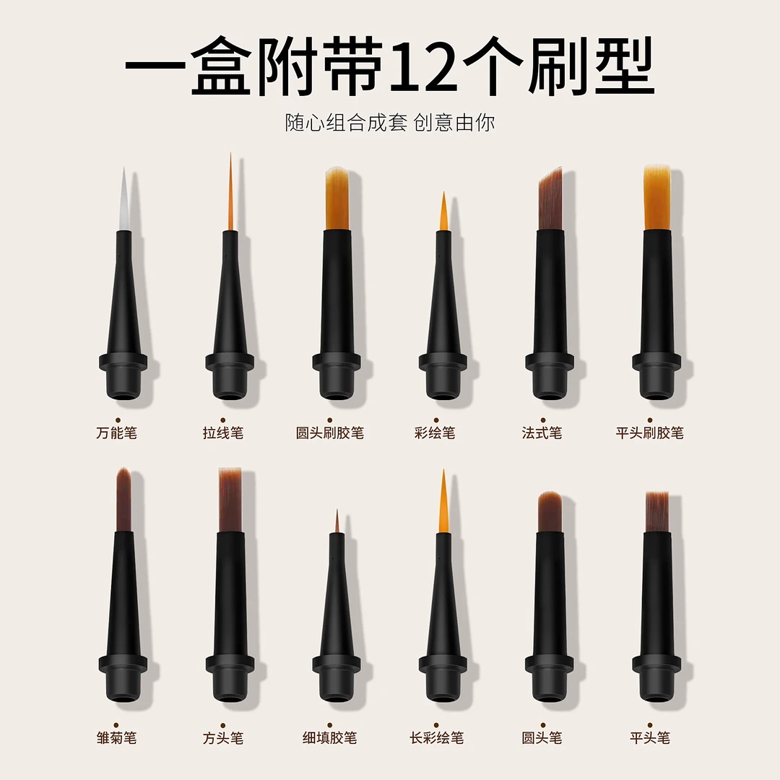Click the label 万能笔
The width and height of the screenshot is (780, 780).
pos(116,433)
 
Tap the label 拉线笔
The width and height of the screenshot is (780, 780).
pos(223,433)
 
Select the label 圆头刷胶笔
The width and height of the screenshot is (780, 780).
pos(330,433)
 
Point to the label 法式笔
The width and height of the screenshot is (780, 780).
pos(542,433)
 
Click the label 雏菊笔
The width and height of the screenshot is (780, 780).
pos(116,737)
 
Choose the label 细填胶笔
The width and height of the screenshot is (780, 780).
pos(330,737)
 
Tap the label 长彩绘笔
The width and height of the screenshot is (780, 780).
pos(436,737)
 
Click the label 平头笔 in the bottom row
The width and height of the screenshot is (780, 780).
pos(650,737)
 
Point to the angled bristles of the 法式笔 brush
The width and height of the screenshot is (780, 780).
pos(550,200)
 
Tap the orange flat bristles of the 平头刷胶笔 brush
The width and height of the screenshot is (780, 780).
pos(656,198)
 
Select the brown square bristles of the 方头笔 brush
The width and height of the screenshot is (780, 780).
pos(230,500)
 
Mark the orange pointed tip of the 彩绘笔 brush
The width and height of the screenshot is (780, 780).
pos(443,212)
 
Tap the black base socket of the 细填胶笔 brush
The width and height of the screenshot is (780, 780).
pos(337,678)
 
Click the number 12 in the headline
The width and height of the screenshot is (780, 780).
pos(425,68)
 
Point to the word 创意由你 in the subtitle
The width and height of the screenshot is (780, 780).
pos(454,123)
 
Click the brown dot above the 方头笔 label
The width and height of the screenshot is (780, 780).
pos(223,725)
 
